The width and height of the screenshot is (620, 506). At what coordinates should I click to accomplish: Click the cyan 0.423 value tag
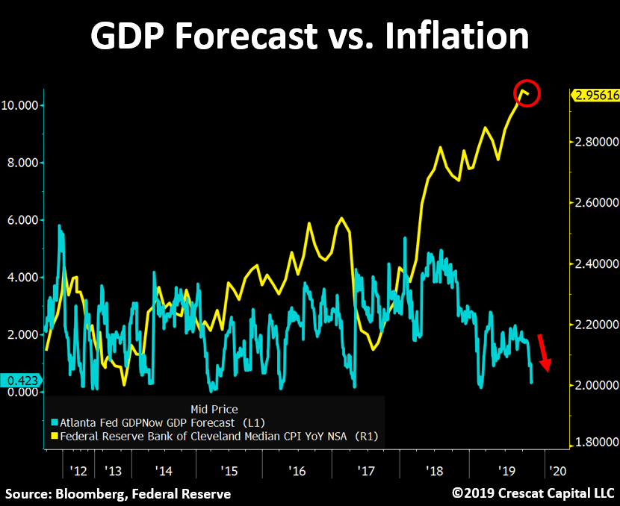pyautogui.click(x=21, y=380)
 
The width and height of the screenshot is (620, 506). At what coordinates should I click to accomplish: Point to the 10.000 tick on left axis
pyautogui.click(x=22, y=105)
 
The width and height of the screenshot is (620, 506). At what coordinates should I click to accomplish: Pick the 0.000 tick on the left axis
pyautogui.click(x=25, y=392)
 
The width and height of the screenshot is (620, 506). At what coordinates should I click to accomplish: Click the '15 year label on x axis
pyautogui.click(x=229, y=471)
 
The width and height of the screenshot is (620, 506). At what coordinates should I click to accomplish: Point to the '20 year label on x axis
pyautogui.click(x=556, y=471)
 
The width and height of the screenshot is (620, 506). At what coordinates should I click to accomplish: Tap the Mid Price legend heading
pyautogui.click(x=214, y=409)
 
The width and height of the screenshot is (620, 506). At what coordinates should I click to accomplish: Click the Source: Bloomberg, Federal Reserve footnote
pyautogui.click(x=118, y=493)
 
